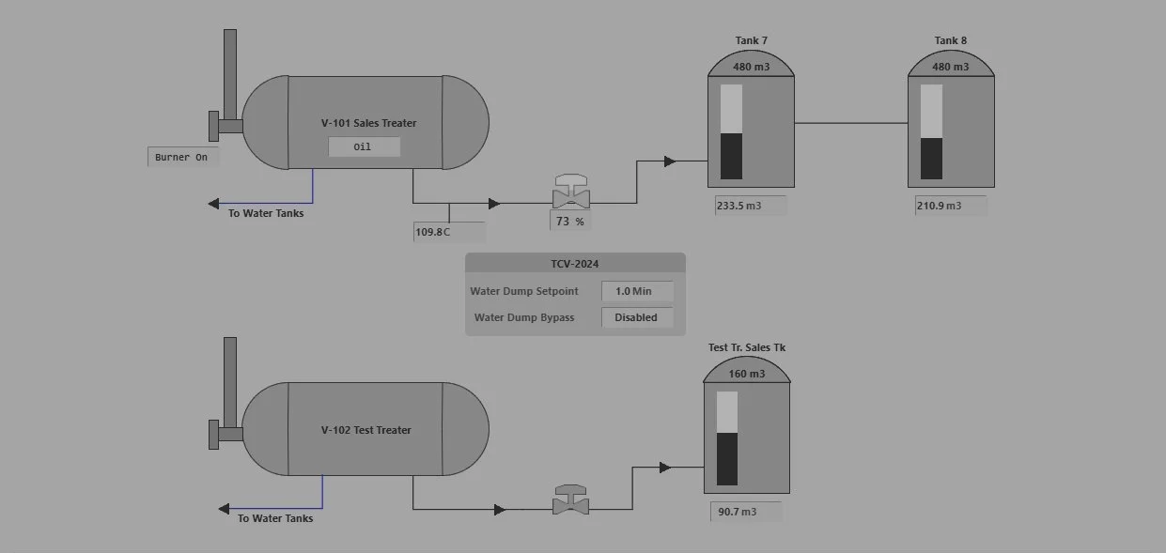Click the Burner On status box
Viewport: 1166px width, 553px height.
click(182, 157)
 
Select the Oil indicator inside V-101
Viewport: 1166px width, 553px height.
click(364, 146)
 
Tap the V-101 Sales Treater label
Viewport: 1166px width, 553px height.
click(368, 123)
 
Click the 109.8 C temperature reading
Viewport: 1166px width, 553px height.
click(449, 232)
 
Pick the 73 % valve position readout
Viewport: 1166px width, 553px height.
click(570, 222)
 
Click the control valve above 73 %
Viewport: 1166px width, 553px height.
click(570, 194)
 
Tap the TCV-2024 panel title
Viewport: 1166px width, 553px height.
click(574, 264)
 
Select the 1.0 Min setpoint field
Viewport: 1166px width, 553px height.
click(637, 291)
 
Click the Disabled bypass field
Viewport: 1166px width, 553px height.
click(636, 317)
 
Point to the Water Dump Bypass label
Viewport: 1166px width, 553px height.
click(523, 317)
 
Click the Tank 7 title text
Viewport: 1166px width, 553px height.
click(751, 40)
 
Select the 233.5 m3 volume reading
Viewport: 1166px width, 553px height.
click(751, 206)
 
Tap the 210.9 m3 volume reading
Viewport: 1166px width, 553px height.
click(951, 206)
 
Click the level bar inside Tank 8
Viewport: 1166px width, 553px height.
click(931, 131)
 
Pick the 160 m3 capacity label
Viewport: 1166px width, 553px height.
click(747, 374)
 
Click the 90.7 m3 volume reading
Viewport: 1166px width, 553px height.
click(746, 512)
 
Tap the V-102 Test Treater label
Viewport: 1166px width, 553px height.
click(365, 430)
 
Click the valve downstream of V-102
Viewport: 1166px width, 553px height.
click(570, 501)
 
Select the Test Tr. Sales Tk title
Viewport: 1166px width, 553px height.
click(747, 347)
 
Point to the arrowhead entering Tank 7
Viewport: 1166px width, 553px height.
click(669, 161)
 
